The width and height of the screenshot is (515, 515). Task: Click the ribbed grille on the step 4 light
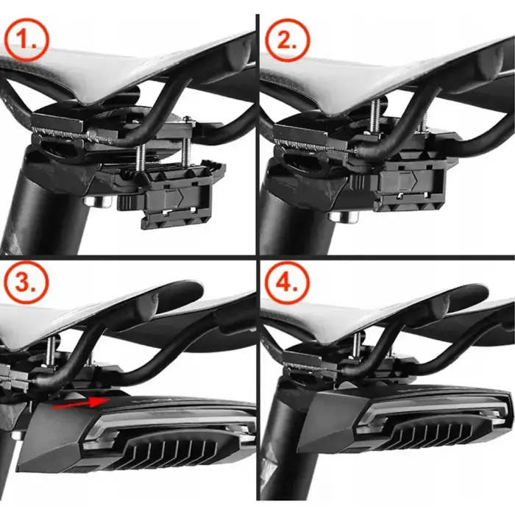434,438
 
